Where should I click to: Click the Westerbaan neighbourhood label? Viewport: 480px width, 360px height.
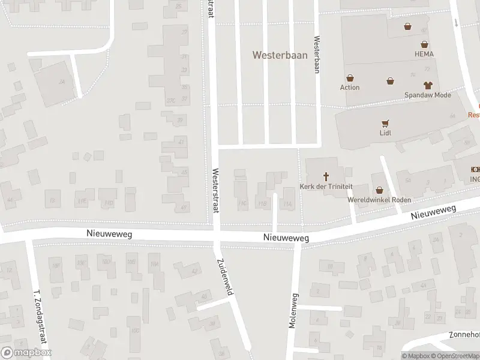point(280,55)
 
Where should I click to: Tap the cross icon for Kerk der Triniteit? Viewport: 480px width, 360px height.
point(327,176)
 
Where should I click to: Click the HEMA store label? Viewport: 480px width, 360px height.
point(424,54)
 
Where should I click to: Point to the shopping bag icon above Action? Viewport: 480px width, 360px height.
point(350,77)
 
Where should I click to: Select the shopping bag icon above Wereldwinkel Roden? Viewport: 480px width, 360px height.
point(379,190)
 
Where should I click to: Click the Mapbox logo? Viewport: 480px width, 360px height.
point(26,353)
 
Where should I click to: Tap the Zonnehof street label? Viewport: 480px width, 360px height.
point(466,335)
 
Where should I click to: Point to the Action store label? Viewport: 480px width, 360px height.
point(350,88)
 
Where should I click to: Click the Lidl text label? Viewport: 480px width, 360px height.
point(385,133)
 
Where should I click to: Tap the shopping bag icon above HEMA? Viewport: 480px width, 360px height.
point(424,44)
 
